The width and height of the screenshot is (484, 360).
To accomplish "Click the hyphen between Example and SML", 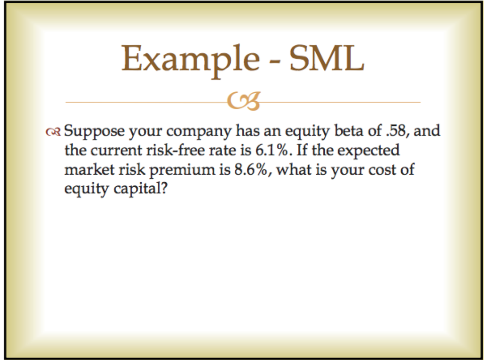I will pos(274,61).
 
